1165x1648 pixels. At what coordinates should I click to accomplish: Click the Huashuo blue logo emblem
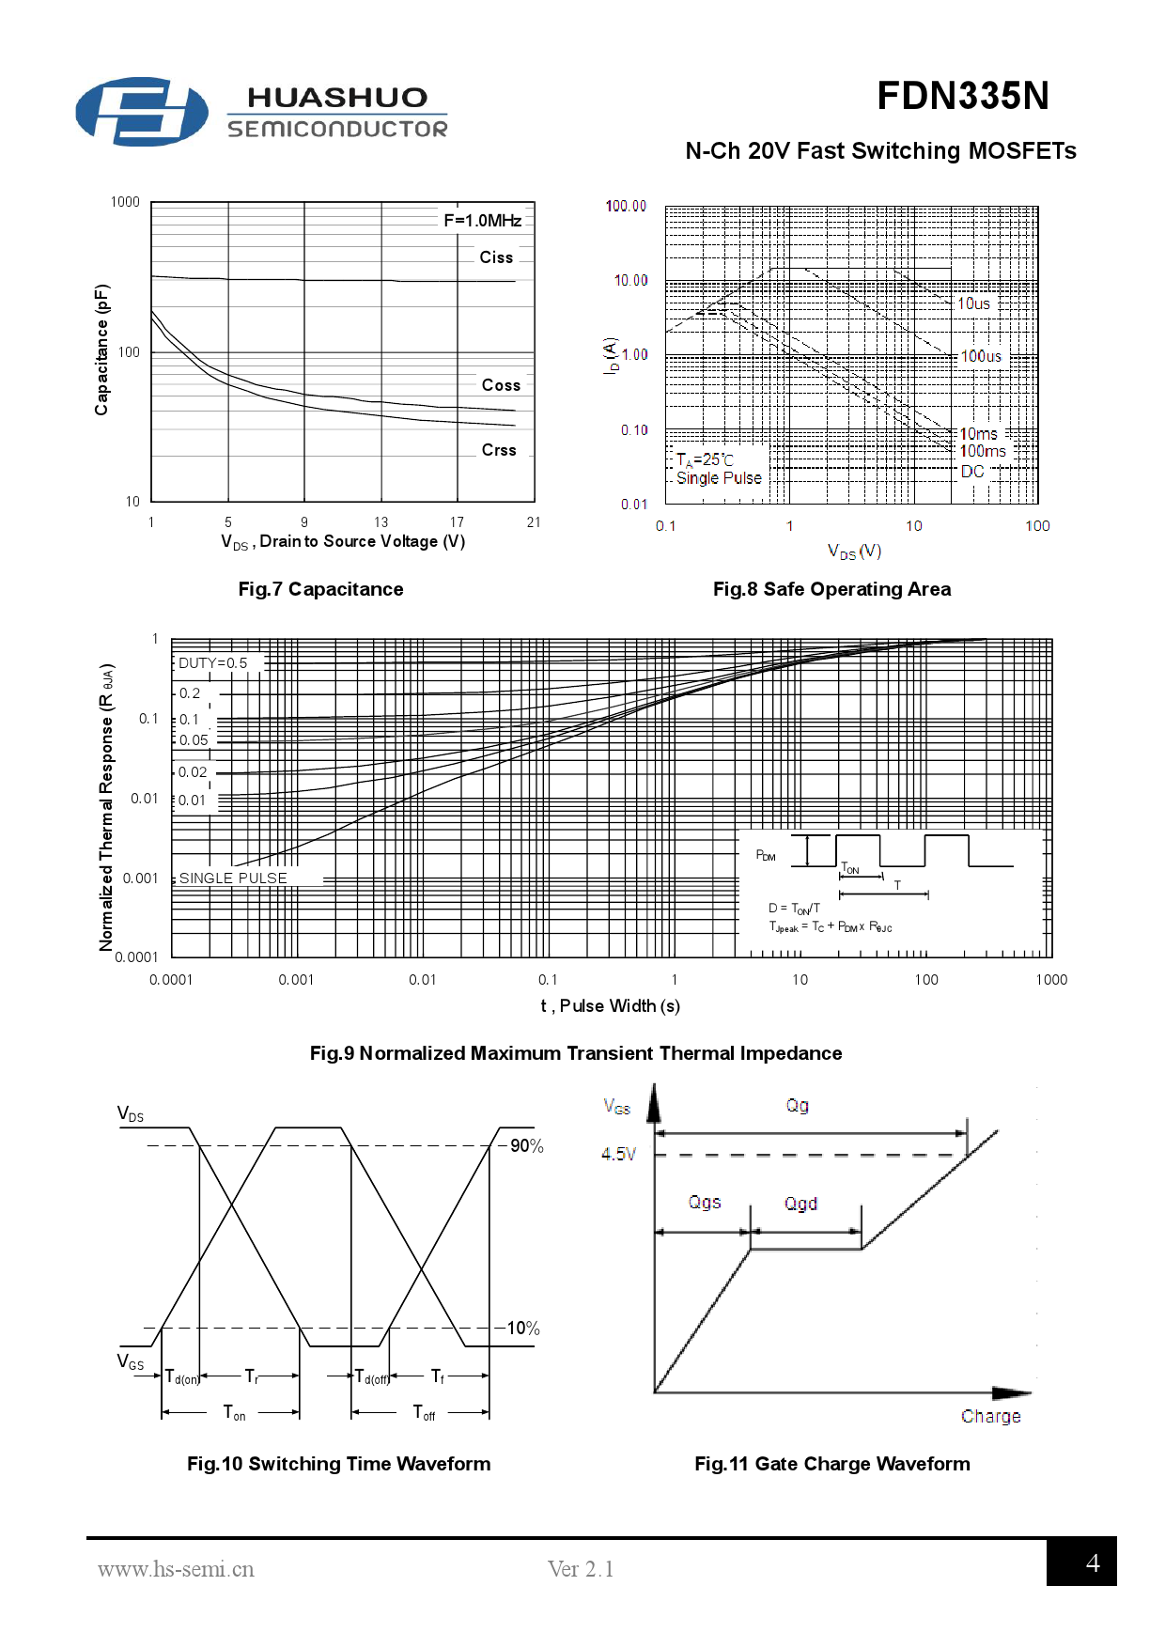click(x=141, y=112)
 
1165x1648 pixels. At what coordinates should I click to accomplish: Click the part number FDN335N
click(x=962, y=96)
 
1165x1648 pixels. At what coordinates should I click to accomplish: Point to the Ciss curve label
click(x=496, y=257)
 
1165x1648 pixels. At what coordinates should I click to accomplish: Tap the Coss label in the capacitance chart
click(x=501, y=385)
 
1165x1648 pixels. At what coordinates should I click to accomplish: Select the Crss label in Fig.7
click(x=499, y=450)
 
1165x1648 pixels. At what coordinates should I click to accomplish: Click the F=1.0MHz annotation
click(x=482, y=221)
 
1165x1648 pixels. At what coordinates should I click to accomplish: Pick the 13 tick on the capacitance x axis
click(x=381, y=522)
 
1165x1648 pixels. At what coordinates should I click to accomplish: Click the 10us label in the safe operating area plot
click(x=973, y=303)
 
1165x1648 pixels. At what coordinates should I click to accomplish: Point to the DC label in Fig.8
click(x=972, y=471)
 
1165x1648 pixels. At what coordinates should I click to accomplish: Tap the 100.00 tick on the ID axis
click(x=626, y=206)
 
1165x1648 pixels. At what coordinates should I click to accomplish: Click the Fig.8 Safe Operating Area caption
click(x=831, y=589)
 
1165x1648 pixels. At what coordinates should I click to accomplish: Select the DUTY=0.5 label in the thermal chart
click(x=213, y=663)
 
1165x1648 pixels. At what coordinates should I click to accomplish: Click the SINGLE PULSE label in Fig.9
click(x=233, y=878)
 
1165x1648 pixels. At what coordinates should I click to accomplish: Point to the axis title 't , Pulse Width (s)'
click(x=610, y=1006)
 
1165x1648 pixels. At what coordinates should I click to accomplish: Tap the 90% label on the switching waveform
click(x=526, y=1146)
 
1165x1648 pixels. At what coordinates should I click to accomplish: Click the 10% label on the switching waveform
click(x=523, y=1329)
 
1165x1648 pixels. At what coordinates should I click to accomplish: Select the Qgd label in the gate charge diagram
click(x=800, y=1204)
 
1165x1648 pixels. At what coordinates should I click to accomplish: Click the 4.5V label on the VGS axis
click(x=618, y=1154)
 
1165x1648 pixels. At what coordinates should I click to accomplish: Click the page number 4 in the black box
click(x=1092, y=1562)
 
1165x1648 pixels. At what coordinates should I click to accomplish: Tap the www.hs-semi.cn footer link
click(x=176, y=1569)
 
